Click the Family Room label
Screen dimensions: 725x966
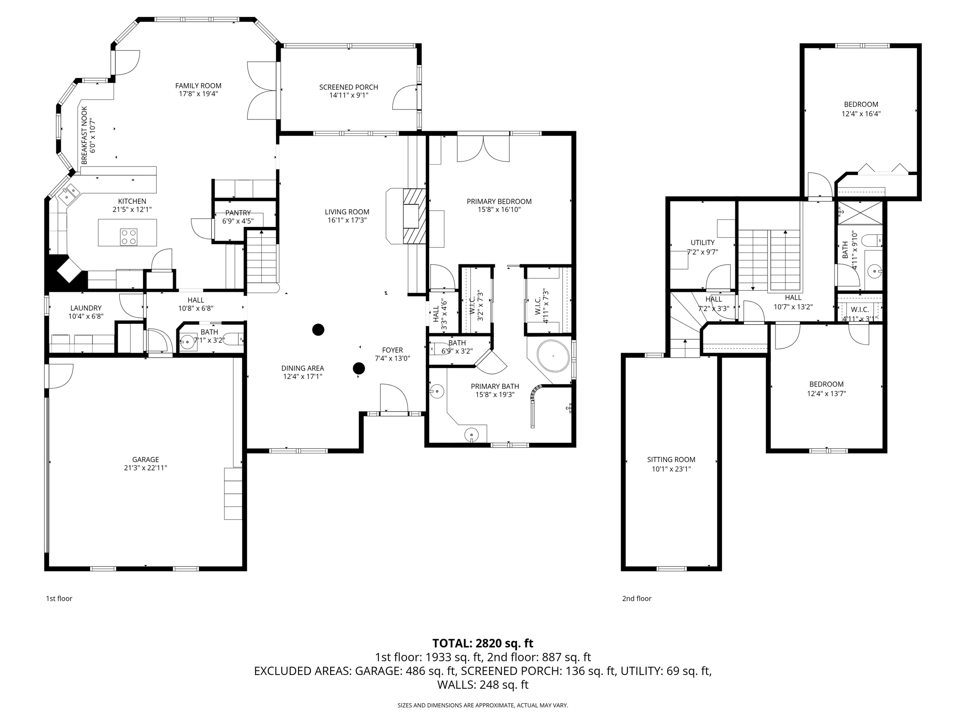click(198, 86)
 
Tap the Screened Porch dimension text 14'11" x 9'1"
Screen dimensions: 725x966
click(349, 95)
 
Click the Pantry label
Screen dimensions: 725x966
click(238, 213)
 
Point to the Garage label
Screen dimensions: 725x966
click(145, 459)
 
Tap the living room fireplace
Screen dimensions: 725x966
click(414, 216)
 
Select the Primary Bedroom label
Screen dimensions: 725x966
click(499, 202)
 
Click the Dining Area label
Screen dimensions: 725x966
click(302, 368)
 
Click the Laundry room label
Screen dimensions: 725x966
click(86, 308)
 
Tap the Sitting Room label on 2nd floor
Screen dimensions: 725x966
click(671, 460)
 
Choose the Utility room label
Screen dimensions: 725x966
click(702, 243)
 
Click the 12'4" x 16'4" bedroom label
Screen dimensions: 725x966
click(861, 105)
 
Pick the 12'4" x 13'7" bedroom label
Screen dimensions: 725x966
click(826, 384)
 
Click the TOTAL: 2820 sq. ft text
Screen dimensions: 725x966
click(483, 643)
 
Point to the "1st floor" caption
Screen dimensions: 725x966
click(59, 599)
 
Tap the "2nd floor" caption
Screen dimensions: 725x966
click(636, 599)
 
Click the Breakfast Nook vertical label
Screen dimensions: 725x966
click(84, 135)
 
